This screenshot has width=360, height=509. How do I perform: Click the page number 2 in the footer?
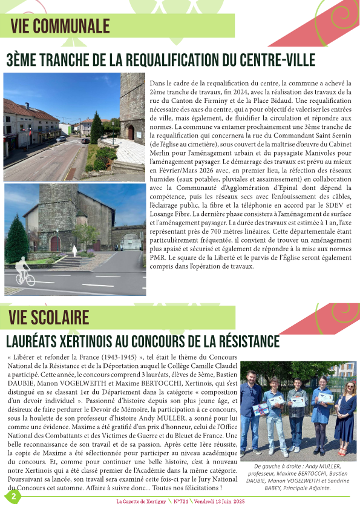pos(13,496)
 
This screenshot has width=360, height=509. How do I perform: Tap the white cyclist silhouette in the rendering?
pos(24,270)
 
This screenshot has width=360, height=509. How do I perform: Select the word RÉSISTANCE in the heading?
pos(235,341)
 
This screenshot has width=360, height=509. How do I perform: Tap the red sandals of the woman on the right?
pos(343,452)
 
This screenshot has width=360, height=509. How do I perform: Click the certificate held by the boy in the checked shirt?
pos(298,401)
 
